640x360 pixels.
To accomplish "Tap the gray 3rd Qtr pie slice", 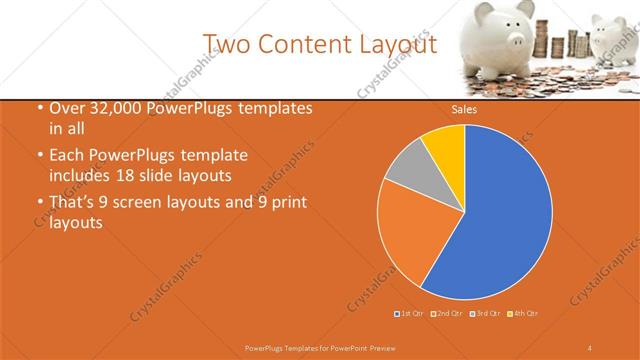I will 407,172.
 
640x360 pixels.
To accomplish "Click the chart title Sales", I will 463,110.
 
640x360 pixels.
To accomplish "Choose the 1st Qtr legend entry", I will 409,314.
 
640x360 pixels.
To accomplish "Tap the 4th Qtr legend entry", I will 523,314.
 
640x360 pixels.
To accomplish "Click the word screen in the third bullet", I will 145,203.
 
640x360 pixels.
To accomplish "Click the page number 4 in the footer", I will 590,347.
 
